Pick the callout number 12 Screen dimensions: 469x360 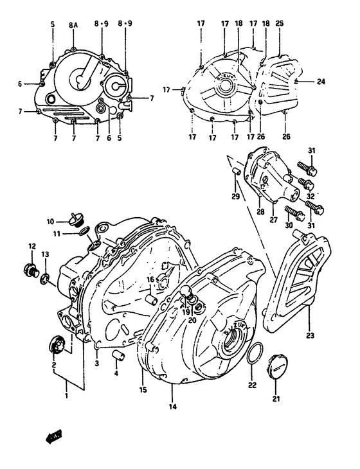click(32, 246)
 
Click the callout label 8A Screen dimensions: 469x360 click(74, 24)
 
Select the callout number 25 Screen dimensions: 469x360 click(280, 24)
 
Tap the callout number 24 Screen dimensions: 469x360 click(321, 82)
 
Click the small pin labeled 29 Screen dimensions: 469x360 click(235, 171)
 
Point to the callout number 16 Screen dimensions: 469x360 click(149, 280)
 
